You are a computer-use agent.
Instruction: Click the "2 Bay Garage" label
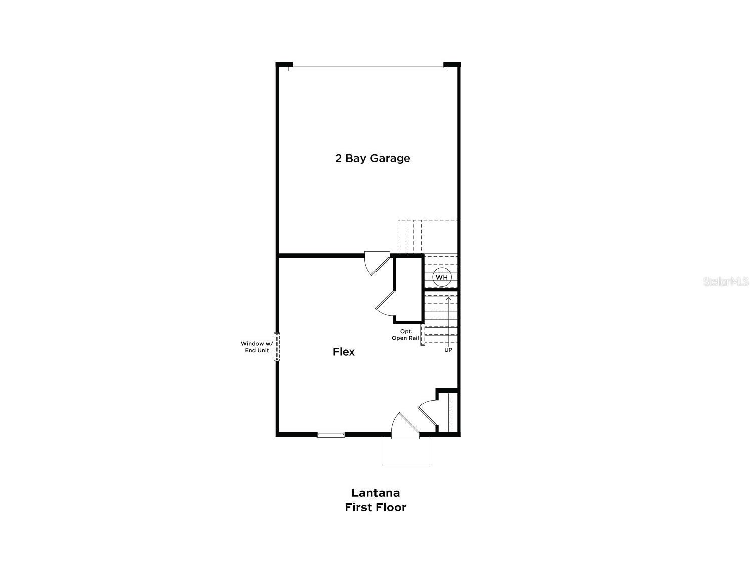(x=372, y=158)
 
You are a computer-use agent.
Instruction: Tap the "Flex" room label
(x=344, y=352)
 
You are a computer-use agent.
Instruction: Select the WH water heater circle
(x=441, y=277)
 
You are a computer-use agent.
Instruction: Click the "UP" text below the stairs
(x=448, y=350)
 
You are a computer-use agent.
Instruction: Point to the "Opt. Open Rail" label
(x=405, y=335)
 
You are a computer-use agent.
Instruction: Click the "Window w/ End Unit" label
(x=255, y=347)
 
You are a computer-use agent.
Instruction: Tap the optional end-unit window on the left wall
(x=277, y=347)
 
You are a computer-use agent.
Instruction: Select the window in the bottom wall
(x=331, y=435)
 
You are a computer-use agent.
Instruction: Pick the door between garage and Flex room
(x=375, y=263)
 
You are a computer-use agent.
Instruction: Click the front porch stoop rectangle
(x=405, y=451)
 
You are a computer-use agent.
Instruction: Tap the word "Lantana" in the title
(x=375, y=493)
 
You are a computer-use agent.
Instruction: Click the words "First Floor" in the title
(x=375, y=507)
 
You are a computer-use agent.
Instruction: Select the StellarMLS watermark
(x=726, y=281)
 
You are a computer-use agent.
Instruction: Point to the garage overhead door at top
(x=368, y=67)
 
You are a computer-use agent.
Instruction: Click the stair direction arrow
(x=448, y=320)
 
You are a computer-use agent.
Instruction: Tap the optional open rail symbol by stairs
(x=423, y=334)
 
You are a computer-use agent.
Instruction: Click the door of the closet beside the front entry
(x=427, y=411)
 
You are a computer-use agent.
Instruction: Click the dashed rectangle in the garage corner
(x=427, y=237)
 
